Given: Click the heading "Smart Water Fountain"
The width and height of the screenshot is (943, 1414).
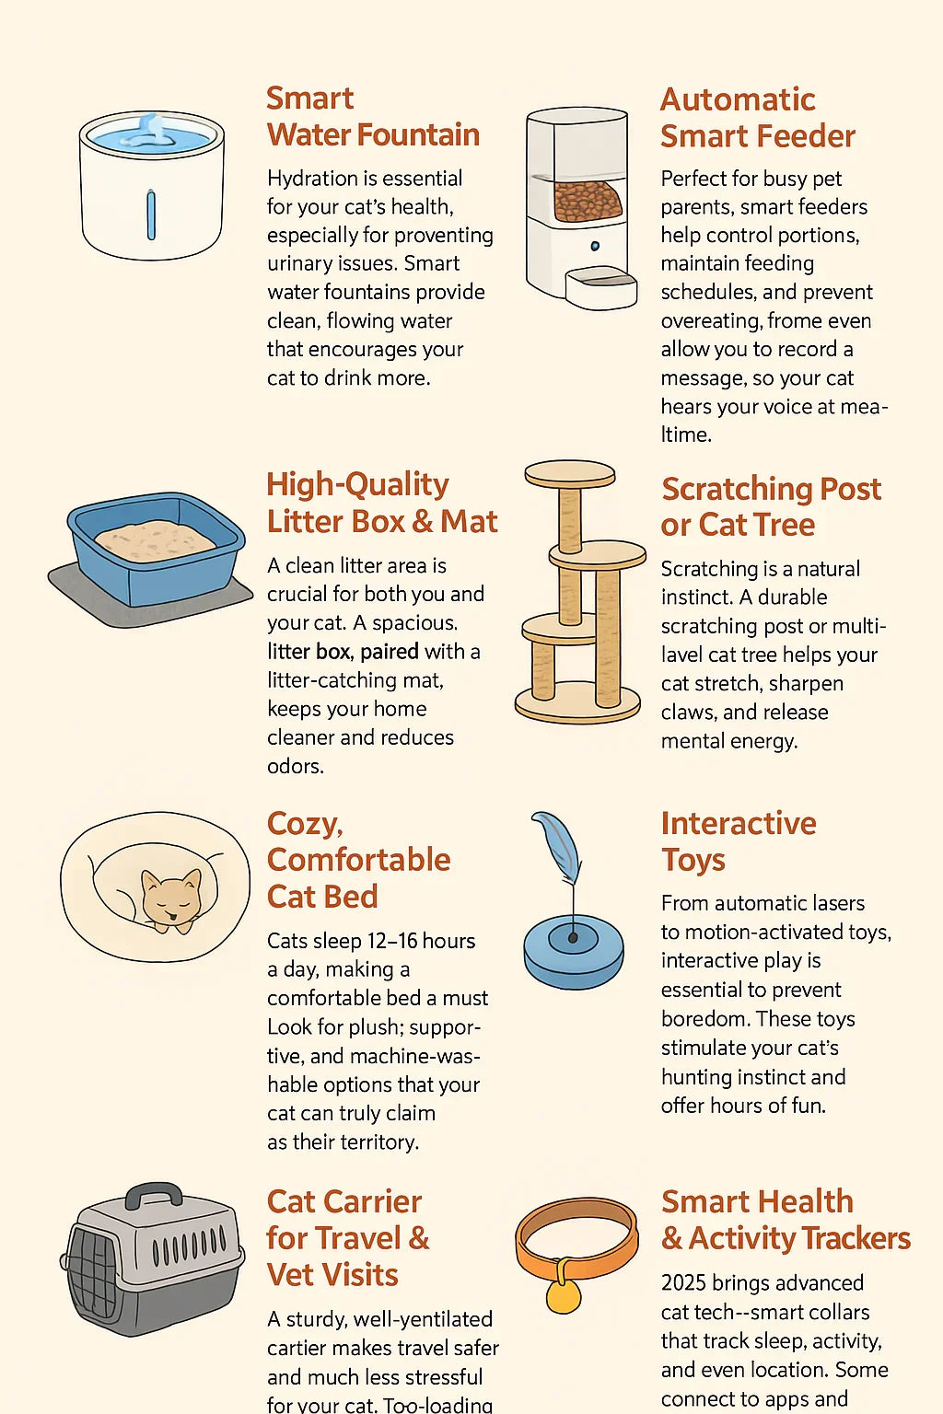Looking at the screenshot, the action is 373,117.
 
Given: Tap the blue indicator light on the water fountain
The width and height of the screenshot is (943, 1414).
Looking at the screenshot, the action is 151,215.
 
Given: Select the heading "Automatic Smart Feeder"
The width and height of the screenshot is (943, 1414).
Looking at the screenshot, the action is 758,118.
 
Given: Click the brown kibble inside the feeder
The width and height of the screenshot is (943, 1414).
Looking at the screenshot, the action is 588,201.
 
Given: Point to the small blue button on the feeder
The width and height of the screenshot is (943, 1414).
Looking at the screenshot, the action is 595,246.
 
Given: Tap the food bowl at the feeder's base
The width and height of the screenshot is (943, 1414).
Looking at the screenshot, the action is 600,289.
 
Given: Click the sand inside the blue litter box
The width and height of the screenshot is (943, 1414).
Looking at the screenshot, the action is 155,540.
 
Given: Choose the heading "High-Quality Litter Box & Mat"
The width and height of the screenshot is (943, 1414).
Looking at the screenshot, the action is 382,504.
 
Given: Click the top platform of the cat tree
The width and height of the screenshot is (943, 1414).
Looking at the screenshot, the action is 570,474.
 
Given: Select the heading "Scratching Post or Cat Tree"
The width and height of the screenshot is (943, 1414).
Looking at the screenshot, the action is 771,507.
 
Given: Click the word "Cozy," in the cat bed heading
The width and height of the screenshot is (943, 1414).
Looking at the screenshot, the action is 305,825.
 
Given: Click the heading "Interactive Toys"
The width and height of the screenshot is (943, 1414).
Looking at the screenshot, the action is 739,841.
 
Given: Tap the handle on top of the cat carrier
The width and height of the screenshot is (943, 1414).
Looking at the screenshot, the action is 154,1195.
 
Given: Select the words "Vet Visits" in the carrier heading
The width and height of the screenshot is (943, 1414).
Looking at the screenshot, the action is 332,1274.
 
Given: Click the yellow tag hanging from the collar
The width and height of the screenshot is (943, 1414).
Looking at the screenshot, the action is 563,1294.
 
